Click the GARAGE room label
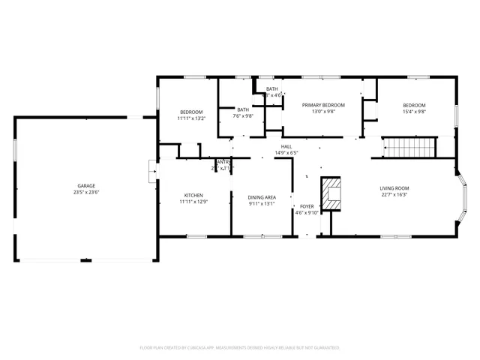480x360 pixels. click(x=86, y=185)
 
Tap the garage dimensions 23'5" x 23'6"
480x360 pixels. click(x=86, y=192)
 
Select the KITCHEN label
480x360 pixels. click(x=193, y=195)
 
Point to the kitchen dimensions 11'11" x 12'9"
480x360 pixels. click(x=193, y=202)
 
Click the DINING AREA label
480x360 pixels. click(x=262, y=196)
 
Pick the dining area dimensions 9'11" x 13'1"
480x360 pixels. click(x=262, y=203)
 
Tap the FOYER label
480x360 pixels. click(x=307, y=205)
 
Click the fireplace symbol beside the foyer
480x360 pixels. click(x=331, y=193)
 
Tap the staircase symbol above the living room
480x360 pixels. click(x=410, y=147)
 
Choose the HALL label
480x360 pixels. click(x=286, y=146)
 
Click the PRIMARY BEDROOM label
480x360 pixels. click(x=323, y=105)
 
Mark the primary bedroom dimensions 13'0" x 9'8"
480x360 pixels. click(x=323, y=112)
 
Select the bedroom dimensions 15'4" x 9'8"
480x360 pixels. click(x=414, y=112)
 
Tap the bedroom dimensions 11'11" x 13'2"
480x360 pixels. click(x=191, y=118)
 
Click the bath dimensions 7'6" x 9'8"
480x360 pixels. click(x=243, y=116)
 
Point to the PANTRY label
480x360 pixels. click(x=223, y=162)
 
